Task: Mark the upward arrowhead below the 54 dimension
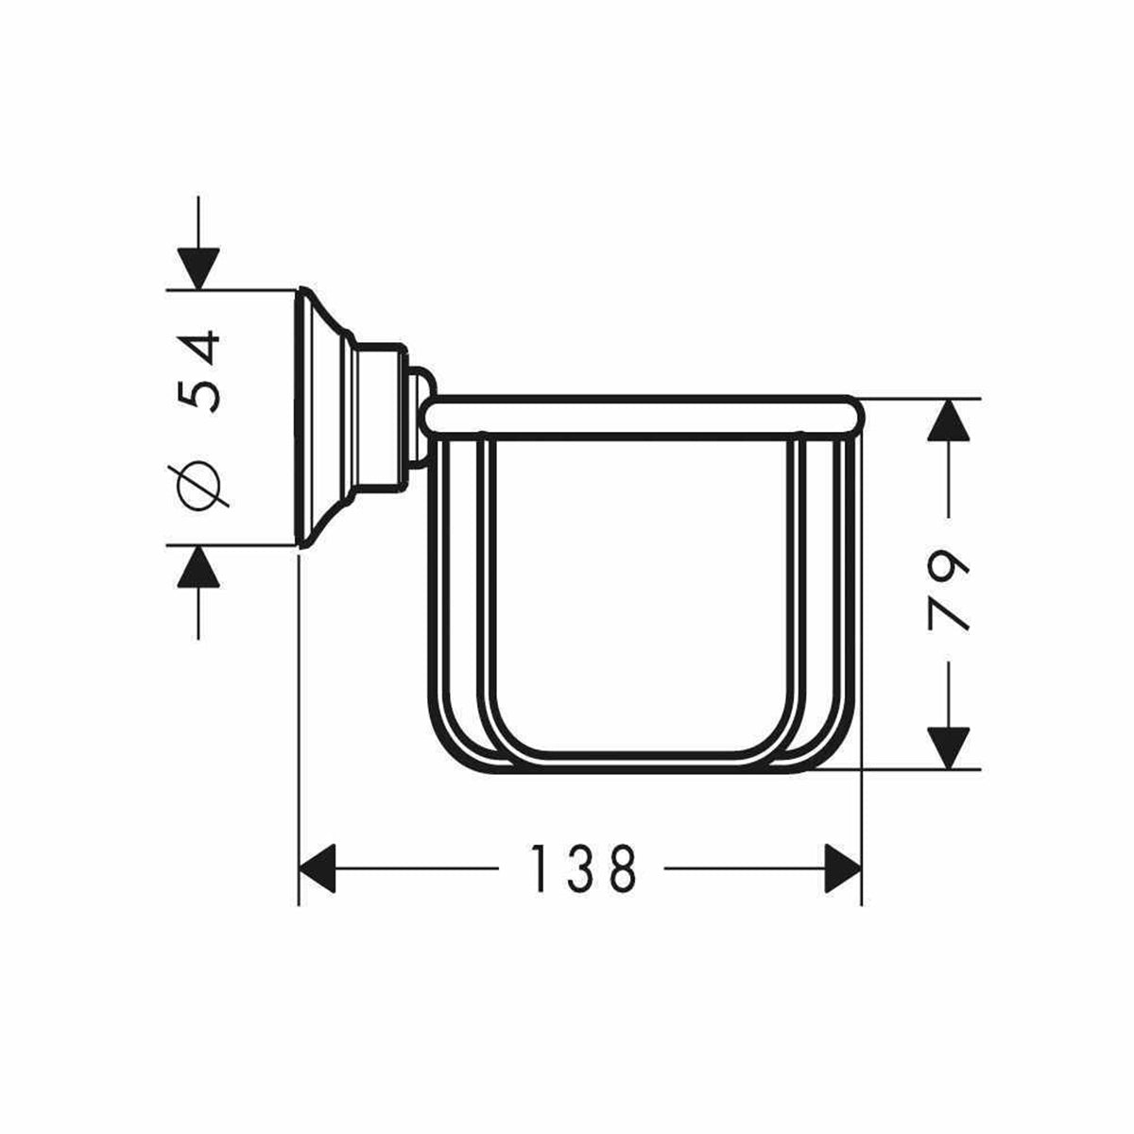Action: click(198, 567)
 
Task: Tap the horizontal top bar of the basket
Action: click(643, 417)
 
